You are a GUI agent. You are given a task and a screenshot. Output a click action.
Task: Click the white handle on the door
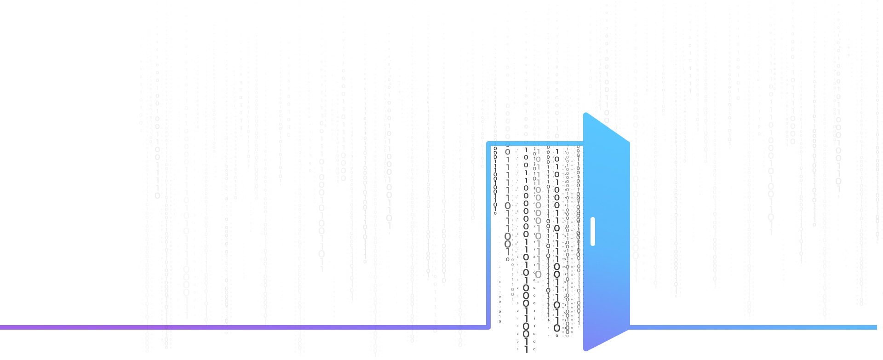point(593,231)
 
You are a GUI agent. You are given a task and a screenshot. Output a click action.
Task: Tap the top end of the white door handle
point(593,219)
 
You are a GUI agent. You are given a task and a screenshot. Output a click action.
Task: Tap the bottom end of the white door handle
point(593,243)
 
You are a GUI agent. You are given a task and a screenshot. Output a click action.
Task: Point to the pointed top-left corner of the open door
point(585,114)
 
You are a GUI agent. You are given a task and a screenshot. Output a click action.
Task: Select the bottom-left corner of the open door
point(585,349)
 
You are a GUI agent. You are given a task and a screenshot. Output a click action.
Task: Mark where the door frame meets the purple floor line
point(488,327)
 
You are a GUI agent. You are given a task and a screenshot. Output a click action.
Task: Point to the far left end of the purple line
point(1,327)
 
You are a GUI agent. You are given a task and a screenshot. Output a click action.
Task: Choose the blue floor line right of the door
point(754,327)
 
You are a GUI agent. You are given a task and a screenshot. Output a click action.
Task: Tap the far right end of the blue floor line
point(876,327)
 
